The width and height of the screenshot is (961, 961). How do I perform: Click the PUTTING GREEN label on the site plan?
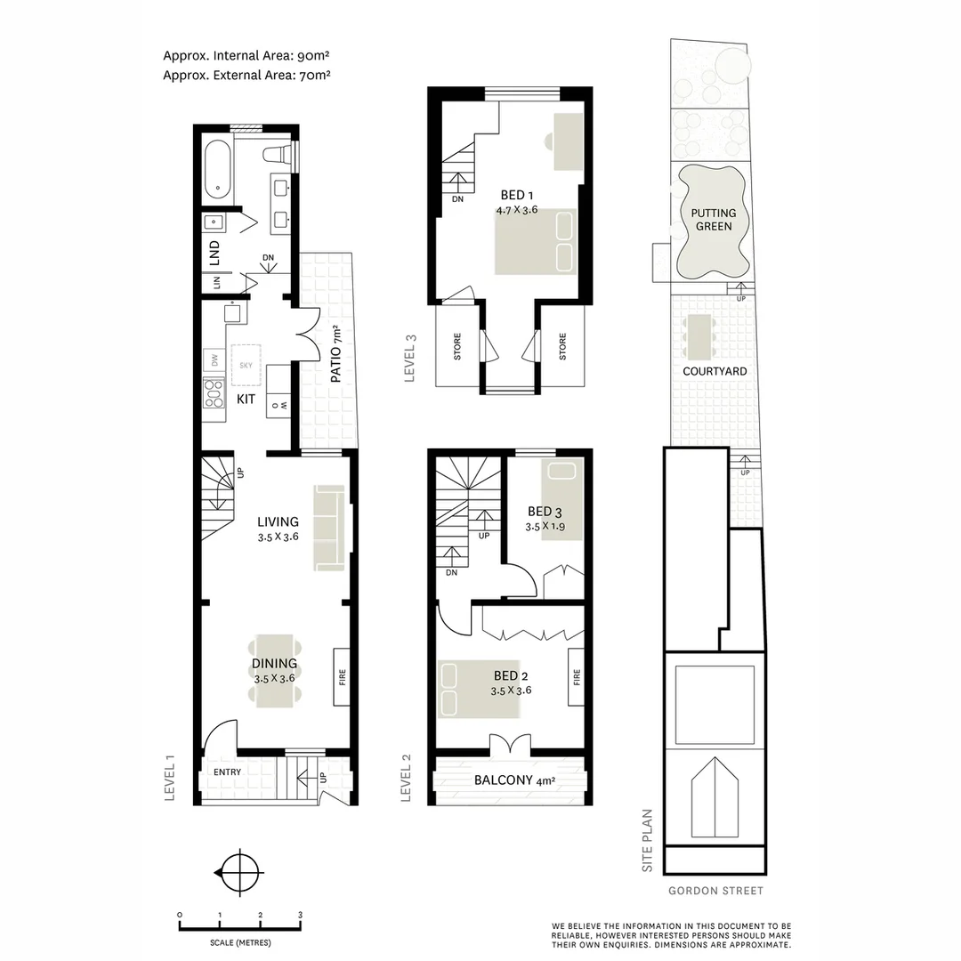tap(714, 220)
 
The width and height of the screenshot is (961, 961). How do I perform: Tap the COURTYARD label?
tap(715, 371)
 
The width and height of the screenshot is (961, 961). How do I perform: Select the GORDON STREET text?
tap(715, 891)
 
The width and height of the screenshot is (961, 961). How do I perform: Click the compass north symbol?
tap(239, 873)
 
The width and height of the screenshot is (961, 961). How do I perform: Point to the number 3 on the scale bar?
tap(300, 915)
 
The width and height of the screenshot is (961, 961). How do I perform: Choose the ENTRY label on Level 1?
tap(227, 772)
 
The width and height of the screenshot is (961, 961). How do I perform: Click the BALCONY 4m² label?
tap(514, 781)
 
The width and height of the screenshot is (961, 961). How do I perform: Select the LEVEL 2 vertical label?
tap(407, 778)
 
